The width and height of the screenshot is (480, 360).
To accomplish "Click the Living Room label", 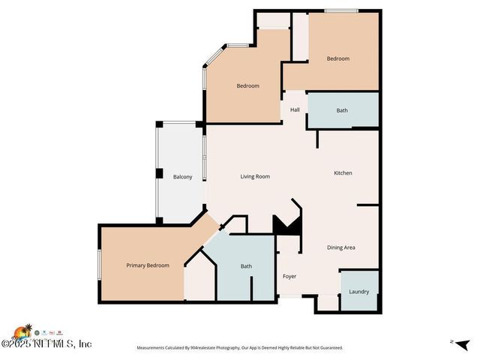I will click(255, 177).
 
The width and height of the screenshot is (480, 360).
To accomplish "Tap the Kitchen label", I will click(343, 173).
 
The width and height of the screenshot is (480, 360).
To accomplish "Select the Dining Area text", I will click(340, 247).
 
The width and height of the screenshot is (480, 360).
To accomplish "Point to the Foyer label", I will click(289, 277).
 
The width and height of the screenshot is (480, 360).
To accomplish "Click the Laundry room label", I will click(358, 292).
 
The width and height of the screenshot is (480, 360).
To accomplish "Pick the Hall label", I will click(295, 110).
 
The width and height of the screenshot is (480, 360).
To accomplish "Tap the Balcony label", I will click(183, 177).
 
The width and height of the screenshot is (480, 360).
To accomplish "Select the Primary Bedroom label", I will click(148, 265).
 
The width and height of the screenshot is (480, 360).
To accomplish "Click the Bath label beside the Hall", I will click(342, 111).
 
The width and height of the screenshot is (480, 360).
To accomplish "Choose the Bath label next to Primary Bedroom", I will click(246, 266).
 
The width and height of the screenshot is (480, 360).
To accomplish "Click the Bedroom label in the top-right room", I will click(337, 59).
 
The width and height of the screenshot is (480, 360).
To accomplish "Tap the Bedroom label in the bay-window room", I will click(247, 86).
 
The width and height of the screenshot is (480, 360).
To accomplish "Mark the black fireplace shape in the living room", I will click(286, 225).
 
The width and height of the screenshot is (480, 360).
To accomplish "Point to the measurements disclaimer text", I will click(239, 348).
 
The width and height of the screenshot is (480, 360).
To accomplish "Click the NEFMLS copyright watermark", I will click(46, 343).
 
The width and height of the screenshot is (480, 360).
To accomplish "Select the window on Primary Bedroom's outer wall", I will click(99, 265).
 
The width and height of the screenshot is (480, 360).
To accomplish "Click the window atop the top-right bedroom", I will click(340, 10).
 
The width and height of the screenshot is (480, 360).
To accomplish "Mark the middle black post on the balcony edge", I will click(159, 173).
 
